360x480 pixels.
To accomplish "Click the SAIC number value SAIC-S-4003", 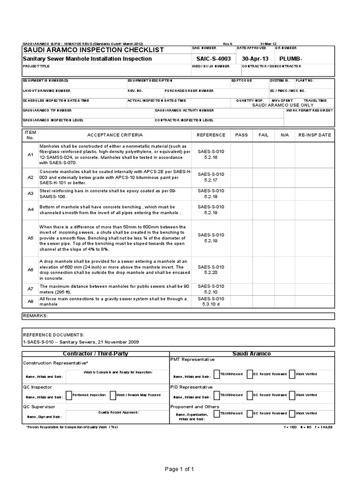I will click(x=214, y=59).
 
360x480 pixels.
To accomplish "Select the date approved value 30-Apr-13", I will click(x=255, y=59).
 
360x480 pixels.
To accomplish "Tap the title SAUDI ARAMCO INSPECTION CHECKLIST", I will click(x=93, y=50).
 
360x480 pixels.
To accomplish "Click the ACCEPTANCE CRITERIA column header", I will click(x=115, y=135).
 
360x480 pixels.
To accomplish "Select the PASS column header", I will click(x=241, y=135).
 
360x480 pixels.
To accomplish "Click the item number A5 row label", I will click(x=30, y=238).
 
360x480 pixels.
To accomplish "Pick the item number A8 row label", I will click(x=30, y=301).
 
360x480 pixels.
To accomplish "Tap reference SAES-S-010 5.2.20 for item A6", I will click(x=211, y=269).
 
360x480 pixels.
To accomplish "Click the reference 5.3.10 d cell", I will click(x=211, y=304).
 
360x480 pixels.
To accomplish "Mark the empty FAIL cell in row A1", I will click(x=263, y=154).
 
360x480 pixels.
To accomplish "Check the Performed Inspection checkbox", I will click(x=69, y=395).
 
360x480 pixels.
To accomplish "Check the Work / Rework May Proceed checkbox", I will click(x=113, y=395).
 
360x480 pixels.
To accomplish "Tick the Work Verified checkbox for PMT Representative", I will click(x=292, y=374).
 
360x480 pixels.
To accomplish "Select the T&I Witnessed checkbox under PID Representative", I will click(x=216, y=395).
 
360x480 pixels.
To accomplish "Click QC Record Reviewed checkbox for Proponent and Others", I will click(x=249, y=413).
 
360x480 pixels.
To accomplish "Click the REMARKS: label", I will click(x=36, y=316).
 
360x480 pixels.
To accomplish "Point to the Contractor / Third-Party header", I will click(x=95, y=353).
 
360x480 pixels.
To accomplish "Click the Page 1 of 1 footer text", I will click(x=180, y=469).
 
